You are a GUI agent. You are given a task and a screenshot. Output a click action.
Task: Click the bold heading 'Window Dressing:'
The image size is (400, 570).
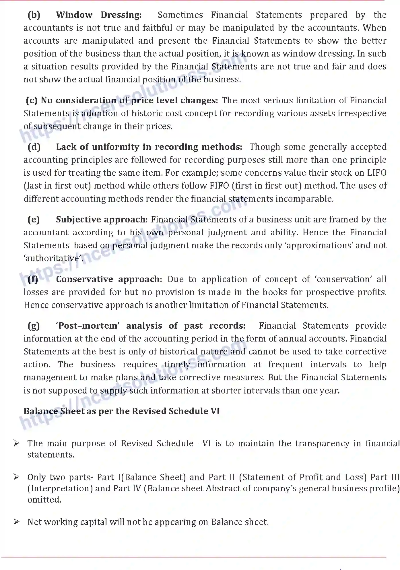(x=99, y=15)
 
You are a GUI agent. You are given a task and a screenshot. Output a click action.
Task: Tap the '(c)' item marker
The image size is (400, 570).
(x=32, y=100)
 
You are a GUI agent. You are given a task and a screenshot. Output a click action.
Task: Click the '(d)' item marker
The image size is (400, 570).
(x=34, y=147)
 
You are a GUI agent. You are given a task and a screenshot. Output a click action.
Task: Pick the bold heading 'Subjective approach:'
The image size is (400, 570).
(x=102, y=220)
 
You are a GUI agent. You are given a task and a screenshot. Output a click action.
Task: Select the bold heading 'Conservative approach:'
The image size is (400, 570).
(x=109, y=279)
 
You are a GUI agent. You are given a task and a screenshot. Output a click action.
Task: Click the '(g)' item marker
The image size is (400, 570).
(x=34, y=326)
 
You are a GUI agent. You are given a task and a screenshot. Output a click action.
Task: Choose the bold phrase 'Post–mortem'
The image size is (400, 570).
(x=87, y=326)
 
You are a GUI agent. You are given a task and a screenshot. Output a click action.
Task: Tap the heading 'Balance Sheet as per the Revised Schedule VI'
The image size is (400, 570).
(x=122, y=411)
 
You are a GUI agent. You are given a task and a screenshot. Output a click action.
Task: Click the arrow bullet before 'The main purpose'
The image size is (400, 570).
(x=16, y=443)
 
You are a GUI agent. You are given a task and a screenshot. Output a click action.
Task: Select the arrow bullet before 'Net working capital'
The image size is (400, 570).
(x=16, y=522)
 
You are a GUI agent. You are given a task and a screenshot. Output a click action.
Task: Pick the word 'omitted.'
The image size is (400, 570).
(x=44, y=500)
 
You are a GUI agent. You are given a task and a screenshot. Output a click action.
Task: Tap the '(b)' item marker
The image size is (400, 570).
(x=34, y=15)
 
